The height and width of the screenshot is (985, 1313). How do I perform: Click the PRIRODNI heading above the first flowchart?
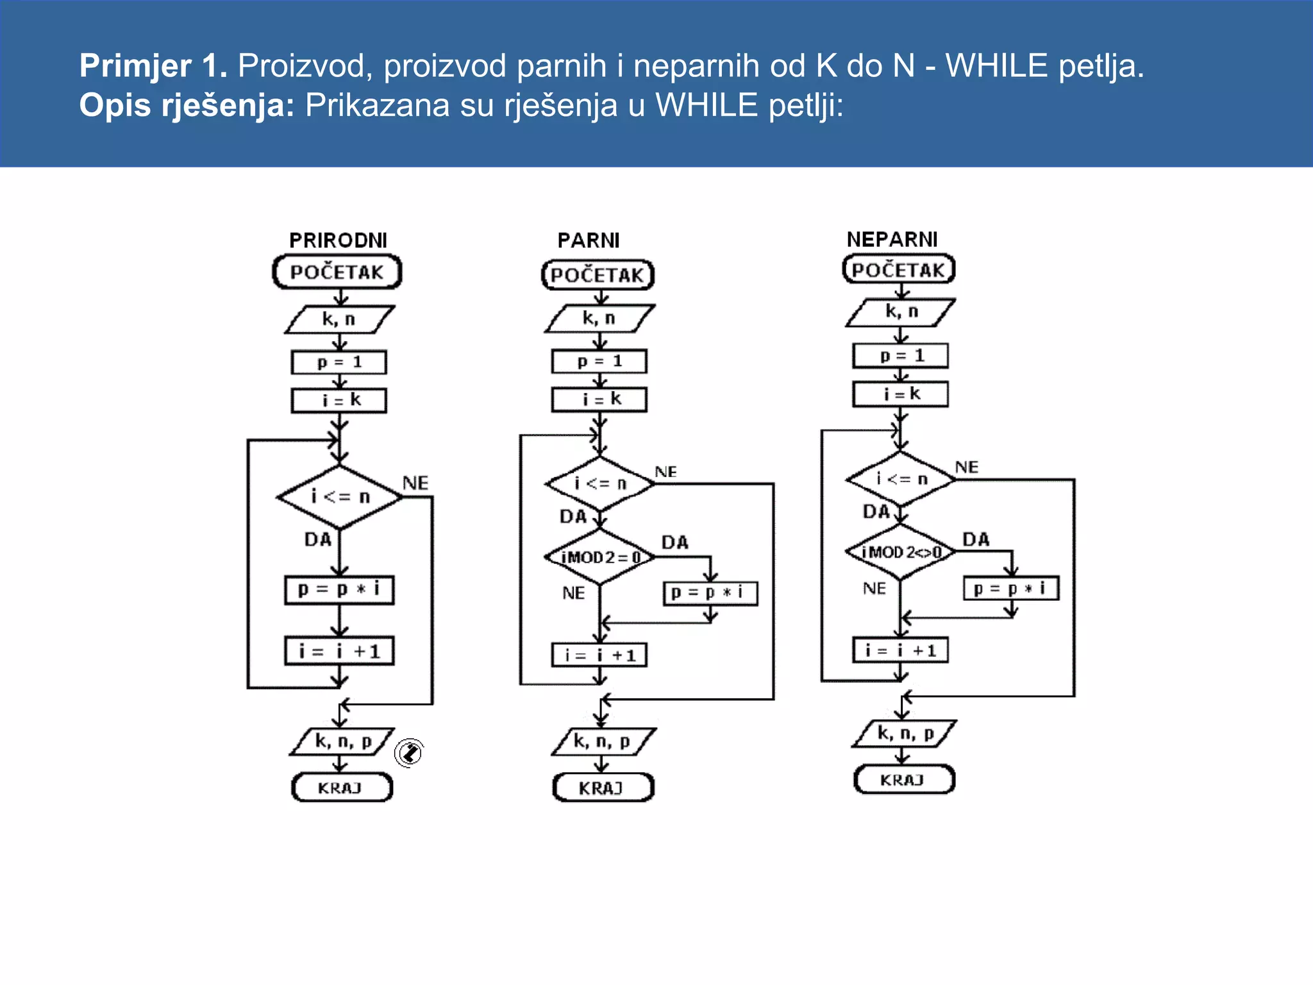[338, 240]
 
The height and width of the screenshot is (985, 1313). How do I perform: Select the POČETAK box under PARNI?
[598, 275]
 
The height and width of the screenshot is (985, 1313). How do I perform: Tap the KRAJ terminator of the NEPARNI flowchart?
[903, 780]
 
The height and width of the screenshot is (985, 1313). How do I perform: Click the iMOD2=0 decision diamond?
[600, 557]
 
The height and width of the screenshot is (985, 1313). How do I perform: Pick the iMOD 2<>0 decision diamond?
[901, 552]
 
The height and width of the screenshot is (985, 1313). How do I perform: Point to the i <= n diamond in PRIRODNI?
[340, 496]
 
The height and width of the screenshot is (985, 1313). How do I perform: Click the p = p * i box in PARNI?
[710, 593]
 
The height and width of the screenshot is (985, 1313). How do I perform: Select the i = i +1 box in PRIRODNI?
[339, 652]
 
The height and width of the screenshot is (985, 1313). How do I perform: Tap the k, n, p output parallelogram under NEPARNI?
[904, 734]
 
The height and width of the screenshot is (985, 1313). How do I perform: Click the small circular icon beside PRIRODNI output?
[409, 752]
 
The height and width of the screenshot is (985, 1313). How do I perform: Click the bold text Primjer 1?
[153, 65]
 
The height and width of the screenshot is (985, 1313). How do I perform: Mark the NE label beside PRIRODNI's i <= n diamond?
[415, 483]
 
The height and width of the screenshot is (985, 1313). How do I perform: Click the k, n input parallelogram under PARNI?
[599, 318]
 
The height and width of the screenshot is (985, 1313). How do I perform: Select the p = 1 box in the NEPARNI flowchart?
[901, 355]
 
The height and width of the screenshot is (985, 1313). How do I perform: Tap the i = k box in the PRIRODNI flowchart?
[339, 400]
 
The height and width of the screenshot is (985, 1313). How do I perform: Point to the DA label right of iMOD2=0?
[675, 543]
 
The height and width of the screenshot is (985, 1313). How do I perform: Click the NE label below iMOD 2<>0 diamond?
[874, 588]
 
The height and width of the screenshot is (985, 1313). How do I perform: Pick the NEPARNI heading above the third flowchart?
[892, 239]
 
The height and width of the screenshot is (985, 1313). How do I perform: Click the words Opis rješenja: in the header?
[187, 105]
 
